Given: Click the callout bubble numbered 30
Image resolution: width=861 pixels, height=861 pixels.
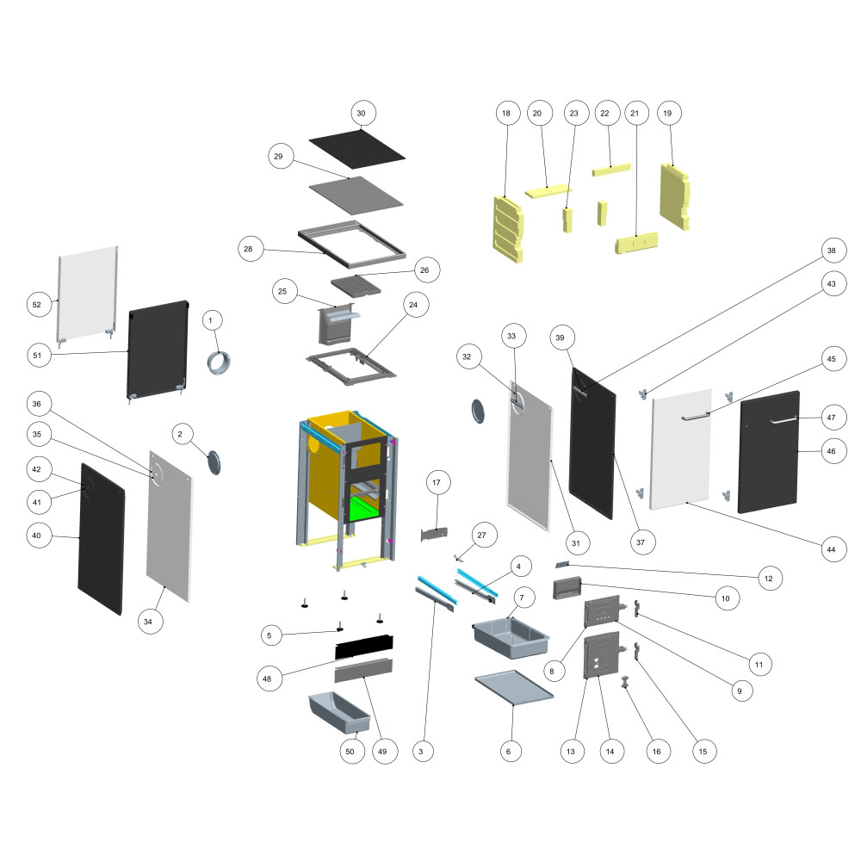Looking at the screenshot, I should click(x=362, y=113).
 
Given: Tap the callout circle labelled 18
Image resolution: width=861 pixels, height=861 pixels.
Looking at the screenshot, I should click(x=506, y=113).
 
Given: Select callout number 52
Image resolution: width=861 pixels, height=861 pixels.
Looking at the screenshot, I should click(x=36, y=305).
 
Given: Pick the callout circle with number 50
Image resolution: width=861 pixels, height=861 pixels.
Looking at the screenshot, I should click(x=350, y=752).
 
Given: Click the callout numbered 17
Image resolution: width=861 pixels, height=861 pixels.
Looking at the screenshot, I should click(x=437, y=484).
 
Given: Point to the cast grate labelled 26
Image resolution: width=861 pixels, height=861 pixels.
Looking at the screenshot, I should click(x=356, y=283).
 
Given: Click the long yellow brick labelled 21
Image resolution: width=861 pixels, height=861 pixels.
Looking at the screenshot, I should click(x=636, y=243).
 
